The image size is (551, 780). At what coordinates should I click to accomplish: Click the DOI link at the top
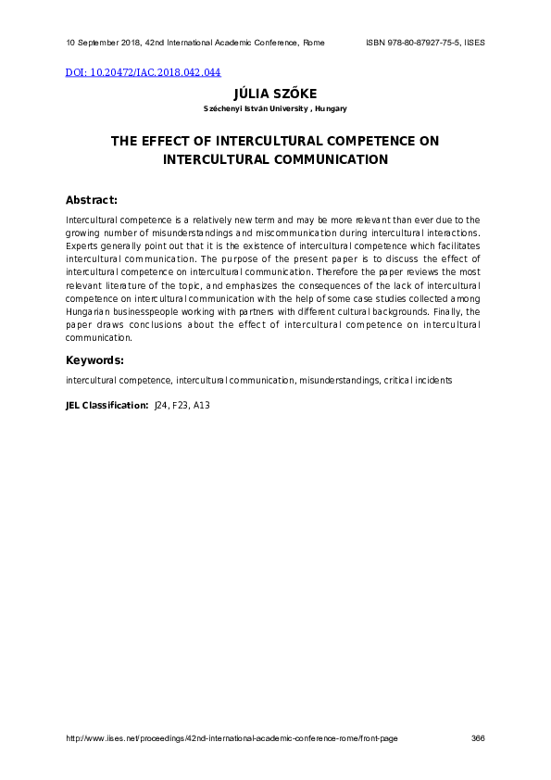click(x=143, y=72)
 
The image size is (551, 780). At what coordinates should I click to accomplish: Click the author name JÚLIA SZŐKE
click(x=275, y=94)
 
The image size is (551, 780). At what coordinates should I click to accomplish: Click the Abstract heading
click(x=92, y=200)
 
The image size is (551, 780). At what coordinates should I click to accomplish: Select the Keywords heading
click(x=94, y=360)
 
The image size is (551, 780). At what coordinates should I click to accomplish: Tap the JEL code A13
click(x=202, y=406)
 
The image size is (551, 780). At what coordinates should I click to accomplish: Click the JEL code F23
click(x=182, y=406)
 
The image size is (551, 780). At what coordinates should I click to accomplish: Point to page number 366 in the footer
click(x=478, y=738)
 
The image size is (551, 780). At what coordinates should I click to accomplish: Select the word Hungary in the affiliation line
click(x=331, y=109)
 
